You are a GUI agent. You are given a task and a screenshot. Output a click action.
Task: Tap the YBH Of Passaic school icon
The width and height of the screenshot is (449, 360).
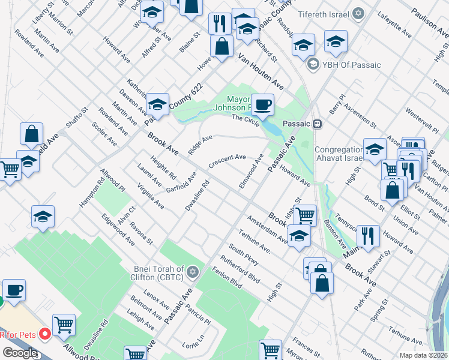[312, 64]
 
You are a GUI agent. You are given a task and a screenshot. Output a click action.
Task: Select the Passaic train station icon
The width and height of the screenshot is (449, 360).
[319, 124]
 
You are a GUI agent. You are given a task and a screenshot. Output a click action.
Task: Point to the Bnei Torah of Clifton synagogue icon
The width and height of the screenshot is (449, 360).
[193, 272]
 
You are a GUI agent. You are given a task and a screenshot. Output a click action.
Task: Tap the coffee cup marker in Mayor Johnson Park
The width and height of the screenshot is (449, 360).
[262, 105]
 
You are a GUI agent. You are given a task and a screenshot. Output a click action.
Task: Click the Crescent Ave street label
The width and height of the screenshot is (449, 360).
[227, 161]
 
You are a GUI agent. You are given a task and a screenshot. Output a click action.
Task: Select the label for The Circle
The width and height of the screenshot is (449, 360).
[246, 119]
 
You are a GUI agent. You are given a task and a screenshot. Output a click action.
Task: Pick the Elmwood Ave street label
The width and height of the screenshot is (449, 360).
[251, 171]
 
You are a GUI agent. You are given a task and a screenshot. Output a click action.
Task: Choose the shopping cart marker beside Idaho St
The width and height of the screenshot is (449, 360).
[305, 214]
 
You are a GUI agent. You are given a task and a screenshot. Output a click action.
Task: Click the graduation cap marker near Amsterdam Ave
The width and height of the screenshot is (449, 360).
[298, 236]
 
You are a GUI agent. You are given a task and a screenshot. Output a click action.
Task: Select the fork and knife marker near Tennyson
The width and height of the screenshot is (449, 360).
[368, 235]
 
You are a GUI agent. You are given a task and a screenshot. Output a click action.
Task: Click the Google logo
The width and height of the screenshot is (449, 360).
[19, 353]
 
